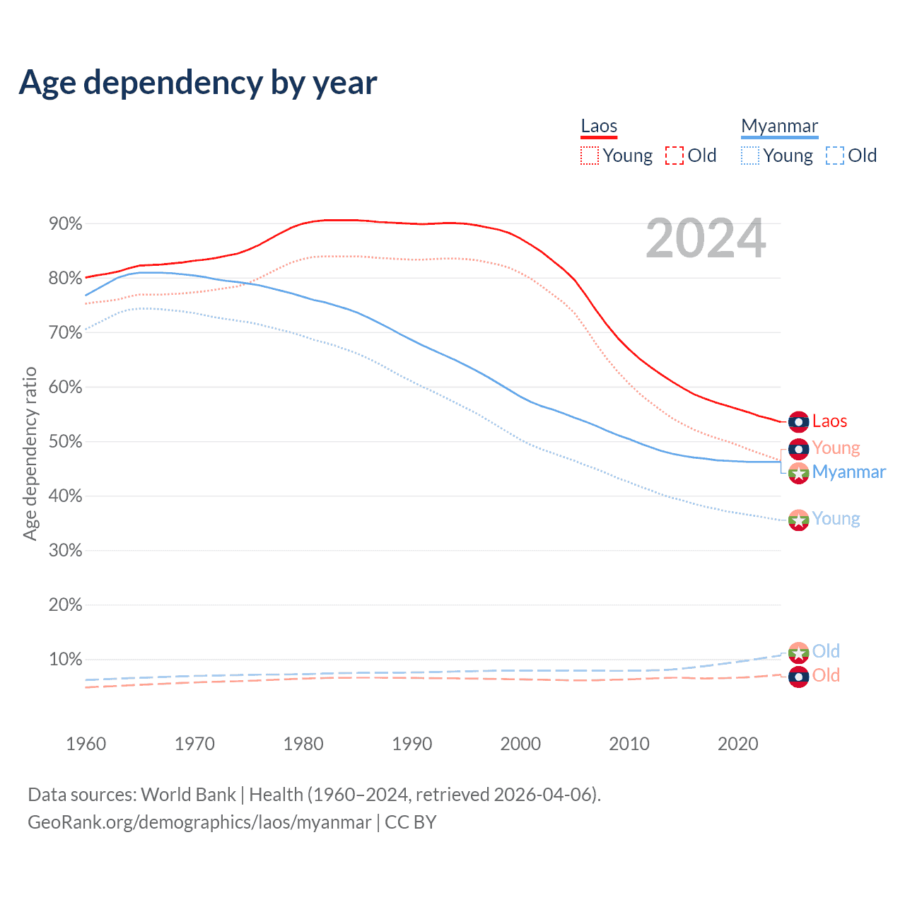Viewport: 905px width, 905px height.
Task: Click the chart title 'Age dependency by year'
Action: click(198, 83)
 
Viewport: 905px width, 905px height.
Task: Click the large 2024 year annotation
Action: click(706, 238)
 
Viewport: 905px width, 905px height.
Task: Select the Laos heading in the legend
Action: click(599, 127)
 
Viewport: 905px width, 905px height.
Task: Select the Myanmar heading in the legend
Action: click(779, 127)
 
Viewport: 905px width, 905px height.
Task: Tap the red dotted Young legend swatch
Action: click(589, 156)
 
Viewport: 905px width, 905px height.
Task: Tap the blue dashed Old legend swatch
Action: click(834, 156)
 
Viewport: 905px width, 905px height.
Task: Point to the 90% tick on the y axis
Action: click(66, 224)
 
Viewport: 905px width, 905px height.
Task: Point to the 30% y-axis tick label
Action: click(66, 551)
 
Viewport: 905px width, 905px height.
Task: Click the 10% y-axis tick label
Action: click(66, 660)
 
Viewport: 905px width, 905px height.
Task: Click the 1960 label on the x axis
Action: click(86, 744)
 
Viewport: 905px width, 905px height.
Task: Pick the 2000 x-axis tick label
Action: click(520, 744)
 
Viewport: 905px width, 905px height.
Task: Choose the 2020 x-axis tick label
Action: click(738, 744)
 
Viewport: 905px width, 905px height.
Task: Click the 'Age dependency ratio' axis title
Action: click(30, 453)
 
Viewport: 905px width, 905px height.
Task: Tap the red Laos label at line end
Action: click(829, 421)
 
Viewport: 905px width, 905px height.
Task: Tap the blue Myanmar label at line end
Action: click(848, 472)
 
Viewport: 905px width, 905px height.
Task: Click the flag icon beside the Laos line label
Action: click(798, 422)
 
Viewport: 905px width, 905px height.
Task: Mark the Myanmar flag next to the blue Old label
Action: click(798, 652)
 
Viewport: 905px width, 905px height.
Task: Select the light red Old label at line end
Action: click(826, 675)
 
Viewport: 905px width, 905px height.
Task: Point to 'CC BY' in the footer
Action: click(411, 822)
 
